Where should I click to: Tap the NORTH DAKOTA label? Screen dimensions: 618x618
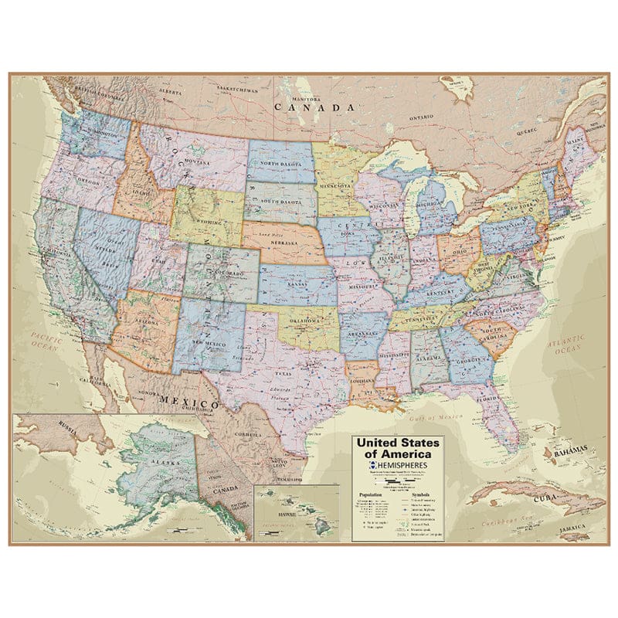(x=280, y=164)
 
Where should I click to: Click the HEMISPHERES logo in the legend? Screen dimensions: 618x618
(x=396, y=467)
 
